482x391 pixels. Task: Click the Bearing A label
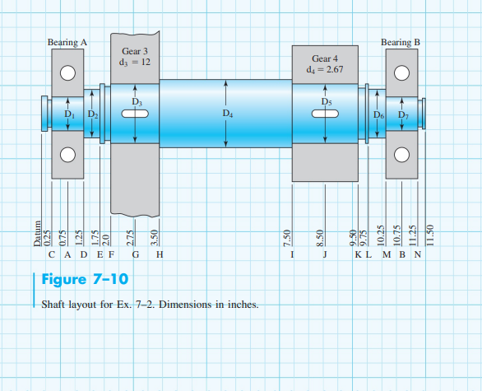click(x=67, y=41)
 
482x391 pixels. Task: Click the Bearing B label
click(x=401, y=41)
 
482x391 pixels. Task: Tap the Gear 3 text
click(x=134, y=51)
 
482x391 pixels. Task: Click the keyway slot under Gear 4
click(x=326, y=114)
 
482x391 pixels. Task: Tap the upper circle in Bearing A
click(x=67, y=72)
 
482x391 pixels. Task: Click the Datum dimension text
click(x=37, y=235)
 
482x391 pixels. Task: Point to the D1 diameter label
click(x=70, y=114)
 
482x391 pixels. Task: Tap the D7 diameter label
click(x=402, y=114)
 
